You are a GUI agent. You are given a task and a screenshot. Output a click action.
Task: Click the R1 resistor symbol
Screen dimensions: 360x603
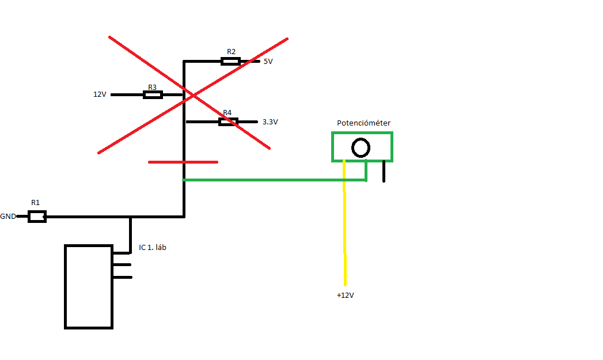click(x=37, y=217)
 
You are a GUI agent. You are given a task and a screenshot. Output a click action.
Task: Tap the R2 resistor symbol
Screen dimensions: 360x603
click(x=230, y=61)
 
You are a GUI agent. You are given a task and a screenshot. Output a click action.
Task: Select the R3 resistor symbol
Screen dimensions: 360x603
click(x=153, y=94)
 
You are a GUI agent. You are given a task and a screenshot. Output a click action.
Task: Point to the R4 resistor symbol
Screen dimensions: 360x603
click(x=228, y=122)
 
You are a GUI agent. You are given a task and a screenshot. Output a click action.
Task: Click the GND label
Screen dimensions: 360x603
click(x=8, y=217)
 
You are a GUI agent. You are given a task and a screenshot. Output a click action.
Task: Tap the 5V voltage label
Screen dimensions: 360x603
click(x=268, y=61)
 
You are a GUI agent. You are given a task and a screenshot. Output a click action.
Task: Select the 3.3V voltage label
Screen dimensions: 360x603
click(x=270, y=122)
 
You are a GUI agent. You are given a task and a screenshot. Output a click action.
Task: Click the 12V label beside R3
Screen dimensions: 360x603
click(x=100, y=94)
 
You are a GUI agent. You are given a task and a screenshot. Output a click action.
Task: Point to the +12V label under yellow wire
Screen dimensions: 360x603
click(x=345, y=295)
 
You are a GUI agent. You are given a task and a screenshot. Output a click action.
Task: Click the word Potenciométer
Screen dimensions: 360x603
click(x=363, y=123)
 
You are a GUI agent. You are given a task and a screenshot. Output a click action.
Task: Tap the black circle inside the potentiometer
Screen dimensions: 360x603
click(x=361, y=148)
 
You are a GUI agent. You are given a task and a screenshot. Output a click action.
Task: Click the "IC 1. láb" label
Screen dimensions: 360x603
click(x=153, y=248)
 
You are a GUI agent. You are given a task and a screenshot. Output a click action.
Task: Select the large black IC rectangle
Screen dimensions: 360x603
click(x=88, y=287)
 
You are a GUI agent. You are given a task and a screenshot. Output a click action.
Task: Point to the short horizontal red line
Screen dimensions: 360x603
click(x=183, y=162)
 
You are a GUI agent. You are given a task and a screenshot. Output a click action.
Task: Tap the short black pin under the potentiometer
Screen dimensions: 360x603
click(x=384, y=172)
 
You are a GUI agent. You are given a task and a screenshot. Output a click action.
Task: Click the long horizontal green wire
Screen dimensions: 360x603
click(x=271, y=180)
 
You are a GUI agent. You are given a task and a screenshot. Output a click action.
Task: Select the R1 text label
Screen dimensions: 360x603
click(x=36, y=203)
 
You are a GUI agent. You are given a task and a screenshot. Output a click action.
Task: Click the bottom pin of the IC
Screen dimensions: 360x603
click(x=122, y=277)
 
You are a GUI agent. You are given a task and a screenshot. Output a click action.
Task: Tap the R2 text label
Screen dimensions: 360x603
click(x=231, y=51)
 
